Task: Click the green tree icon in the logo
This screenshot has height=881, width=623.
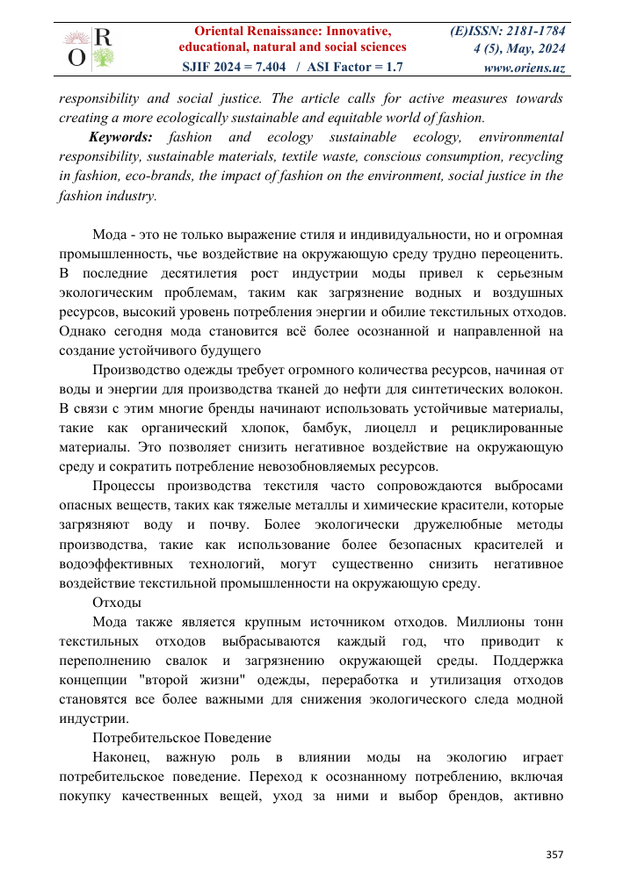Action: (x=102, y=58)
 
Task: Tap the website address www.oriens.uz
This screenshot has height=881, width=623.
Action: (x=524, y=67)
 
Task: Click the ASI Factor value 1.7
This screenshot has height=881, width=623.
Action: (x=395, y=67)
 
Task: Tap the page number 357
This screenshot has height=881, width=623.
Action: (x=554, y=854)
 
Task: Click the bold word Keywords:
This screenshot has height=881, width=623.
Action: (x=120, y=137)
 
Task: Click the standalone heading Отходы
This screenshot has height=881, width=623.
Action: (x=117, y=603)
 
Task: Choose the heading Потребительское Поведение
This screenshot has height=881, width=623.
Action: (x=182, y=738)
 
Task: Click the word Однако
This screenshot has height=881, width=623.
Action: (x=87, y=332)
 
